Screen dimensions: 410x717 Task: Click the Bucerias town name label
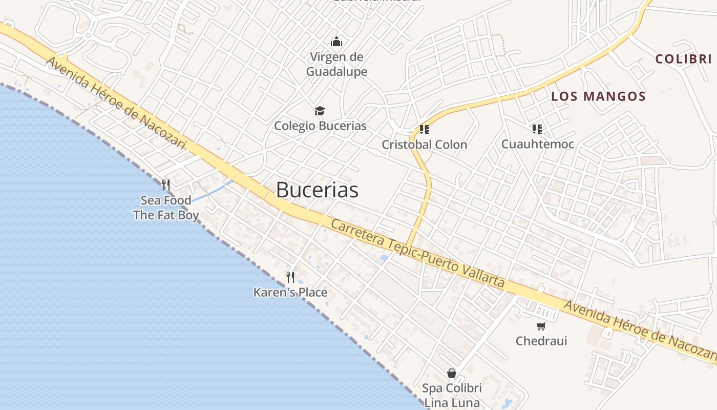[x=317, y=190]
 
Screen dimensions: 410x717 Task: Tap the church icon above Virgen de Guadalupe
[x=336, y=41]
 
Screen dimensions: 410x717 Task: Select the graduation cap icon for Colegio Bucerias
[x=320, y=111]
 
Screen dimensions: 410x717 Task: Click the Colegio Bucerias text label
[x=320, y=126]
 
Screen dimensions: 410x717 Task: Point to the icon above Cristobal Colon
[x=424, y=129]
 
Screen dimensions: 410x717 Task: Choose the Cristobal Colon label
[x=424, y=145]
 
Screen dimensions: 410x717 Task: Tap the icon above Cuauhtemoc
[x=537, y=129]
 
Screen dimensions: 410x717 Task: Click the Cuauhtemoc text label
[x=537, y=144]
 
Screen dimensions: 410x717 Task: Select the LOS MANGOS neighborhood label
[x=598, y=96]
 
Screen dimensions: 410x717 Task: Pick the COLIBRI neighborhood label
[x=683, y=59]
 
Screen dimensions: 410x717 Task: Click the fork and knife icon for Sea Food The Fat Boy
[x=166, y=184]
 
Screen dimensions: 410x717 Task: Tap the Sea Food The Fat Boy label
[x=166, y=208]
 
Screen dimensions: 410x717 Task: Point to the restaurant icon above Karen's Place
[x=290, y=277]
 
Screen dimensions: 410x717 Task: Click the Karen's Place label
[x=290, y=293]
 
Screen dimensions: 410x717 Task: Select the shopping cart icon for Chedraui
[x=541, y=326]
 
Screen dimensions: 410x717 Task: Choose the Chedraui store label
[x=541, y=341]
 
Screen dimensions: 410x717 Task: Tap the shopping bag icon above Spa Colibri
[x=451, y=373]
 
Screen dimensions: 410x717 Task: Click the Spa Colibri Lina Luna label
[x=451, y=396]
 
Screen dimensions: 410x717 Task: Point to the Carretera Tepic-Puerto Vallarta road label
[x=417, y=254]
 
